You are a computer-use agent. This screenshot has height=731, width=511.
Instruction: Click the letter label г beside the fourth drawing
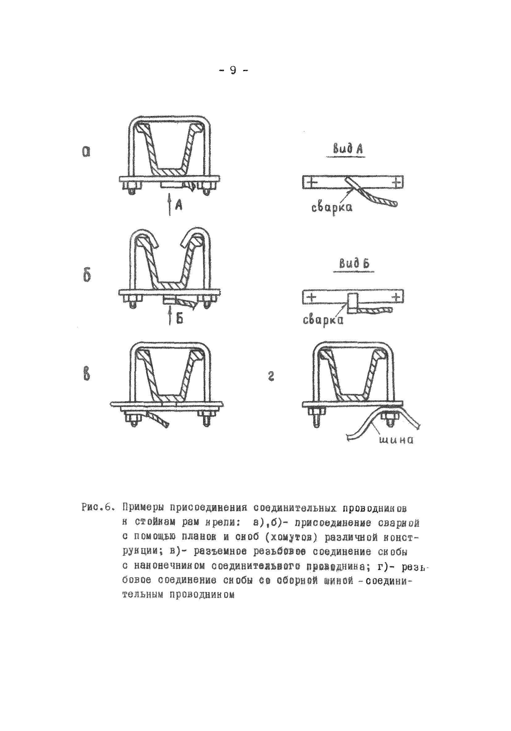click(x=271, y=379)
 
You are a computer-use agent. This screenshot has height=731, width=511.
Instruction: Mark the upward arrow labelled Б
click(x=171, y=315)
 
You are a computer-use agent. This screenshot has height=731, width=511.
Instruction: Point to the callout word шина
click(x=396, y=440)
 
